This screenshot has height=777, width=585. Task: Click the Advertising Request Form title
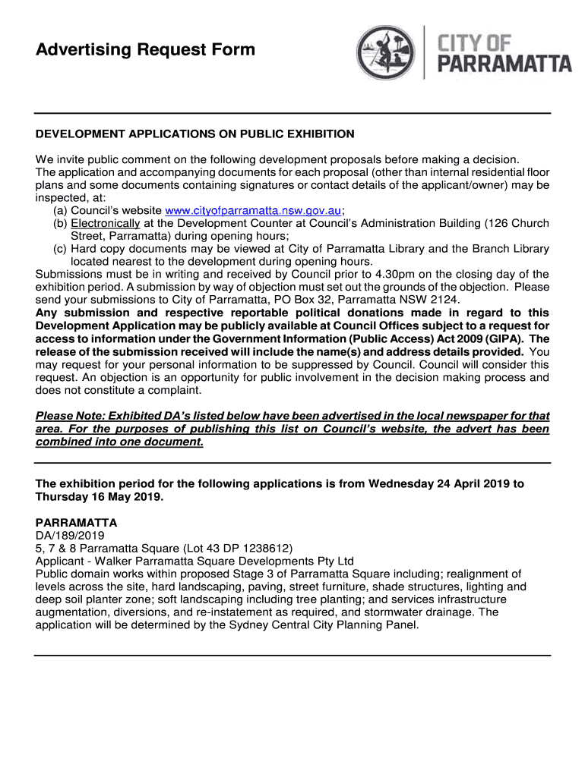(x=146, y=51)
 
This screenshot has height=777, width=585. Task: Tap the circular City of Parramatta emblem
(x=387, y=52)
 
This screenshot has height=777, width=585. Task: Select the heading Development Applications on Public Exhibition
(x=195, y=134)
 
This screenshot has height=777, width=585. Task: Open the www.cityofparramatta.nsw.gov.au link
(x=253, y=210)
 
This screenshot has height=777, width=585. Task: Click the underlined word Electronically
(x=106, y=223)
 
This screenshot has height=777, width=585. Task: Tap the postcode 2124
(x=443, y=300)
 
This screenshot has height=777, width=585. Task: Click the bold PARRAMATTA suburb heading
(x=77, y=524)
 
